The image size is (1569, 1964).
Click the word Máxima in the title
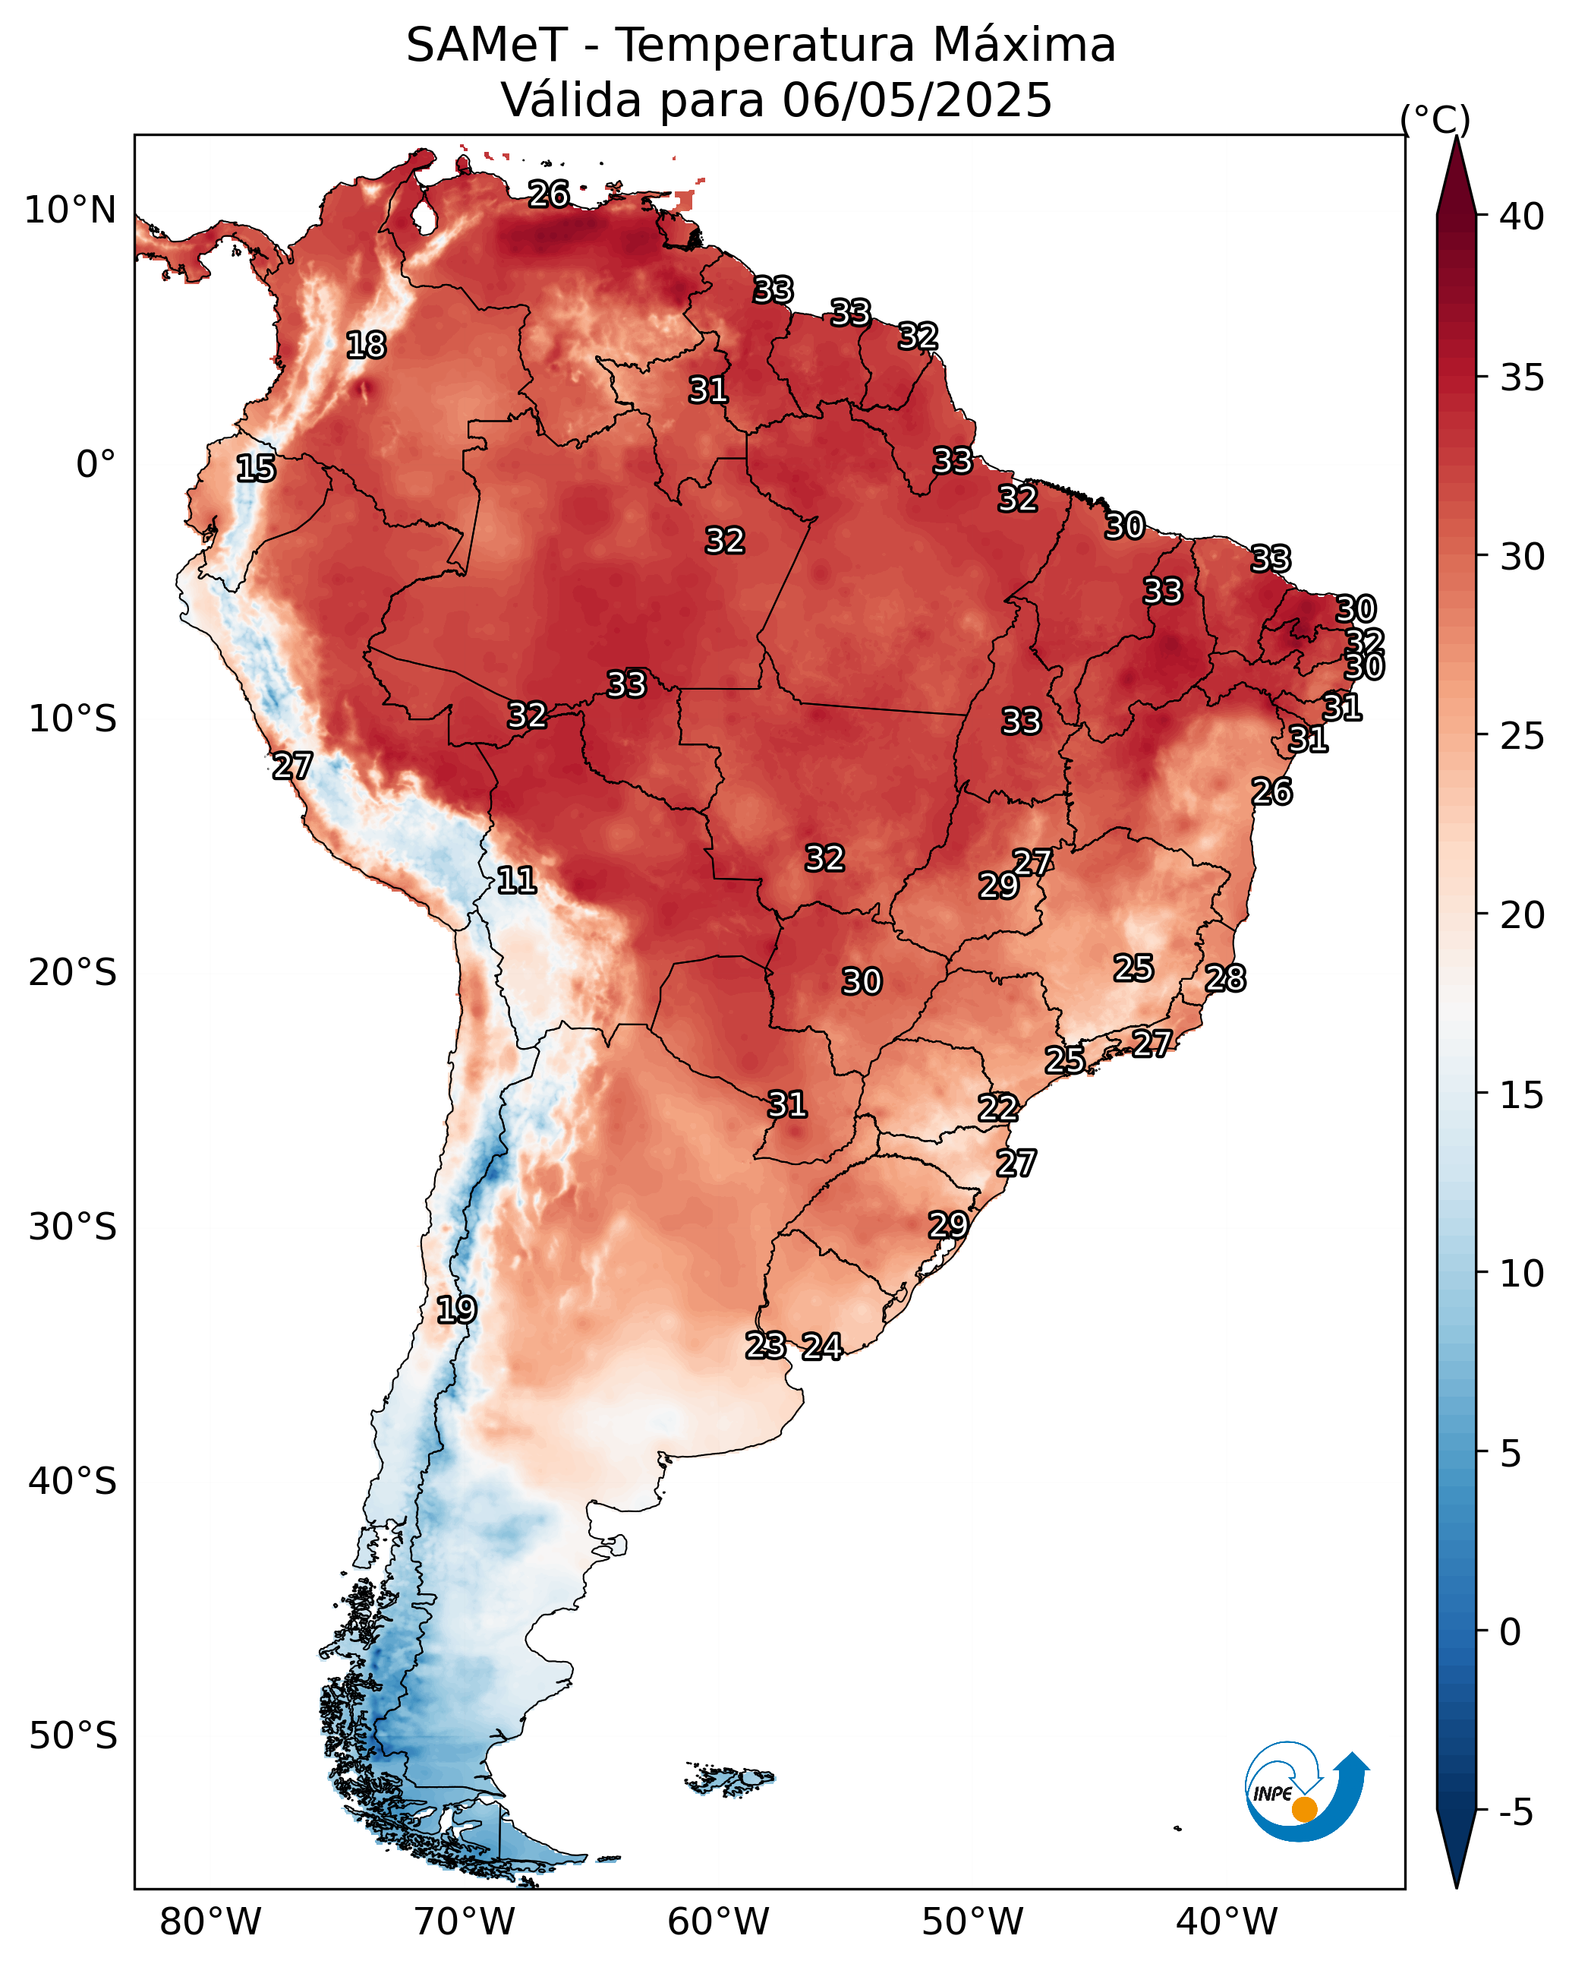pos(1017,45)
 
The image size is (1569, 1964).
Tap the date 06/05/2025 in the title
pos(917,100)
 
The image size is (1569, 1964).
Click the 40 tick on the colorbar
pos(1522,216)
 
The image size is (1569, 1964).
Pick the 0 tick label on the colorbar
pos(1510,1631)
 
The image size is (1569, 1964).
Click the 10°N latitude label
pos(70,210)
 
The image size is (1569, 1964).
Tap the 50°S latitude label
pos(73,1736)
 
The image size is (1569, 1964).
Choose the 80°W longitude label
pos(210,1922)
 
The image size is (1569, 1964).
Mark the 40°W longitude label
pos(1227,1922)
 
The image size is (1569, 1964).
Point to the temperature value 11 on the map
pos(516,880)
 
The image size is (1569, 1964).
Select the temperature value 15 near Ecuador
pos(256,469)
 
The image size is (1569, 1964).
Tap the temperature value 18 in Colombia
pos(366,346)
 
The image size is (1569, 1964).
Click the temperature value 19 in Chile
pos(456,1310)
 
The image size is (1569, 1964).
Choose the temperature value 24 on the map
pos(822,1347)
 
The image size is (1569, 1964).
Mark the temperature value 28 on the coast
pos(1226,978)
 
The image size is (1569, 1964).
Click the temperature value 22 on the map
pos(998,1108)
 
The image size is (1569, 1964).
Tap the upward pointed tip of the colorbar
pos(1456,137)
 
